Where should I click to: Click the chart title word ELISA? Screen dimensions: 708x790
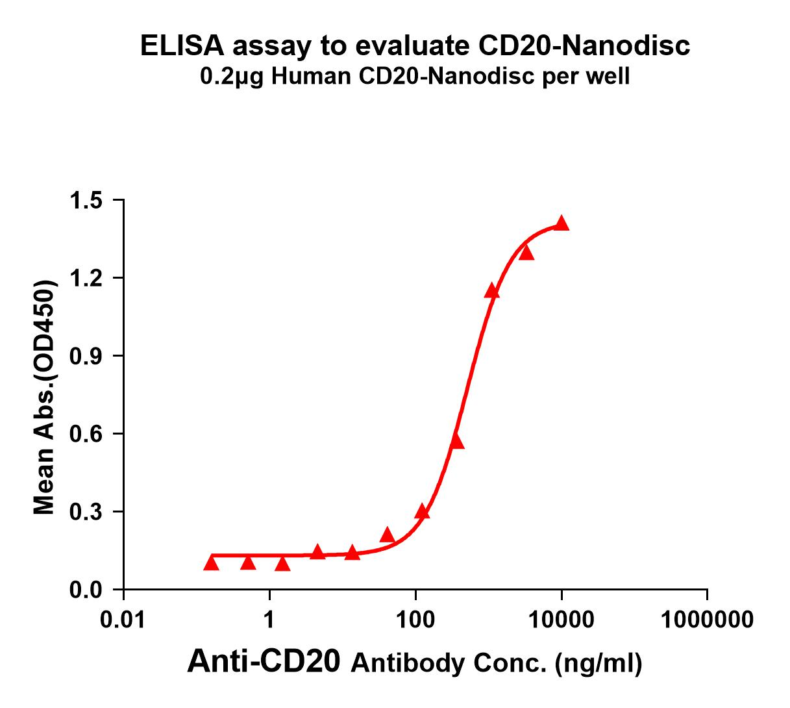182,46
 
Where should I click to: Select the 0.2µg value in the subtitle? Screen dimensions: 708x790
231,77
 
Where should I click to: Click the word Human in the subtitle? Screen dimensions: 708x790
306,77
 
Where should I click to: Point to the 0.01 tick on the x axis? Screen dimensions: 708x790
123,620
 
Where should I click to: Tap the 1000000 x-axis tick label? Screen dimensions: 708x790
707,620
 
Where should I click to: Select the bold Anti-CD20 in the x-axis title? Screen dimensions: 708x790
263,663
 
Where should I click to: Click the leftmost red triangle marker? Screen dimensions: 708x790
211,563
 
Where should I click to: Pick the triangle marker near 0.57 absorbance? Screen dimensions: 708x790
457,442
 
